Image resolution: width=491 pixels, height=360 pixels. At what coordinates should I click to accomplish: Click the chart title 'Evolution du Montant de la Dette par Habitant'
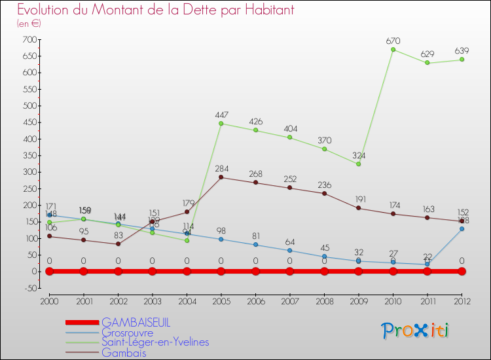point(155,10)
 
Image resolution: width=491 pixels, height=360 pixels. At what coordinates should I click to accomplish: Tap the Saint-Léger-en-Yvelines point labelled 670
point(393,50)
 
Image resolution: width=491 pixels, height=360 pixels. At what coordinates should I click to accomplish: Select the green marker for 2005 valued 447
point(221,123)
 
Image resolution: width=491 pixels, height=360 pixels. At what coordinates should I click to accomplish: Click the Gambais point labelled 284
point(221,177)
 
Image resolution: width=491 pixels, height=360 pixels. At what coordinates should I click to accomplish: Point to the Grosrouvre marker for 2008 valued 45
point(324,257)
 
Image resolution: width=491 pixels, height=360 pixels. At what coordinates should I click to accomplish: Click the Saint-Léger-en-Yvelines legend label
point(155,342)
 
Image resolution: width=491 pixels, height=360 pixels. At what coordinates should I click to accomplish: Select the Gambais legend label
point(124,353)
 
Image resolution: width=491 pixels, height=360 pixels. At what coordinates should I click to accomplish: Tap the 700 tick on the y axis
point(28,40)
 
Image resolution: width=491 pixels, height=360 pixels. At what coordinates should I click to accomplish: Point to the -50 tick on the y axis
point(28,288)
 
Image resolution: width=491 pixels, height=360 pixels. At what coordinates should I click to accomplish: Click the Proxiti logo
point(416,331)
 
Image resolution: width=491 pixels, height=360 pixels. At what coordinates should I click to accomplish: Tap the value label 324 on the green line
point(359,155)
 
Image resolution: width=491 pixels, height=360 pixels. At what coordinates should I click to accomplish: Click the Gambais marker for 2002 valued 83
point(118,244)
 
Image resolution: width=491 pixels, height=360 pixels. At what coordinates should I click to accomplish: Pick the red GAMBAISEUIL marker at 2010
point(393,271)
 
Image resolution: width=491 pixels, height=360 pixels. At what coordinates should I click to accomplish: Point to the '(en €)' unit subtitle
point(29,24)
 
